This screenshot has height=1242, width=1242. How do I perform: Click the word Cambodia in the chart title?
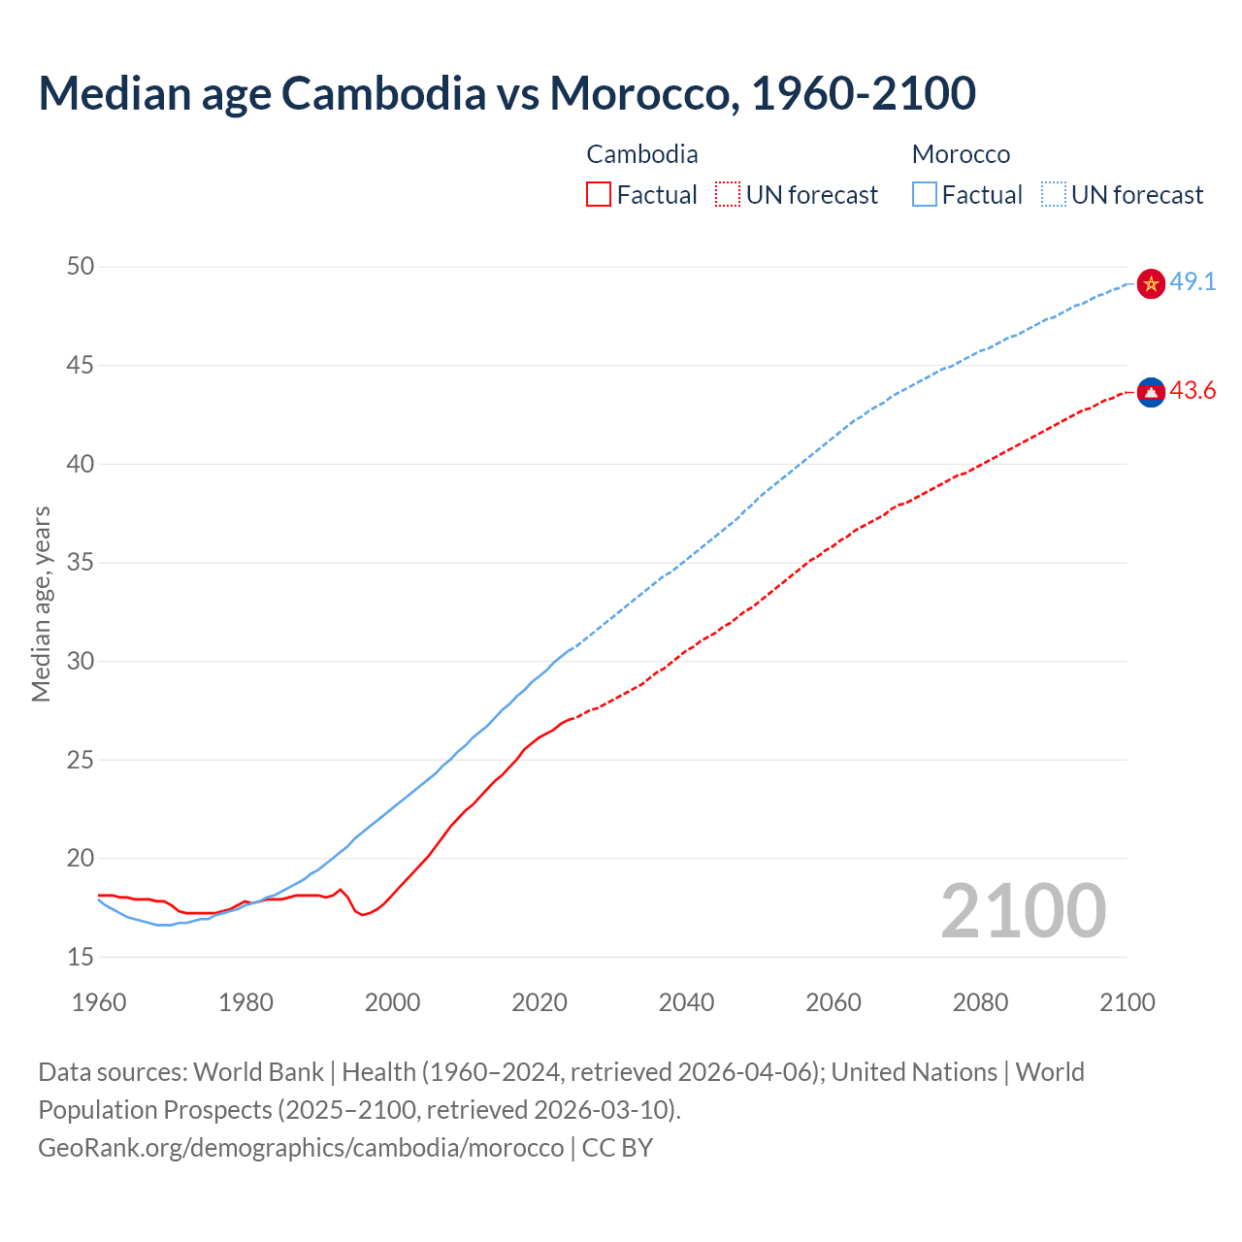(x=383, y=93)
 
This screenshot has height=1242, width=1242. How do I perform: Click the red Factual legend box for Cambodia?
(x=599, y=195)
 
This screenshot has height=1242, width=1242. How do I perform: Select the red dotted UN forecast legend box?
(x=728, y=195)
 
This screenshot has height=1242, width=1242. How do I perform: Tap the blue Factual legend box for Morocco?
(x=925, y=195)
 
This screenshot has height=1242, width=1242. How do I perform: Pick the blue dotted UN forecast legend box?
(x=1054, y=195)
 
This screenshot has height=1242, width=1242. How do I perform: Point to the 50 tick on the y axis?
(x=81, y=266)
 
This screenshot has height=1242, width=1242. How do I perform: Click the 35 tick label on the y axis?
(x=81, y=562)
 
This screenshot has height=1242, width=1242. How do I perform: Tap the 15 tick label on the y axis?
(x=81, y=957)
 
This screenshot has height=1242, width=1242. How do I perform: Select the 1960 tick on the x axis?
(x=99, y=1002)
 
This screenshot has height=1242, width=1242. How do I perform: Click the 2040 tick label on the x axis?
(x=686, y=1002)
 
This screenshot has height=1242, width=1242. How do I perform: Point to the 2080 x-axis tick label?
(x=980, y=1002)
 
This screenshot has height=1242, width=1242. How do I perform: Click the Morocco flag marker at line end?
(x=1151, y=283)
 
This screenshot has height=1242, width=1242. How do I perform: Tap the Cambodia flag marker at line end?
(x=1151, y=392)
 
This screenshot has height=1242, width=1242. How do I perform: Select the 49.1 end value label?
(x=1193, y=282)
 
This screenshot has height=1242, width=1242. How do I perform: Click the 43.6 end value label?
(x=1193, y=391)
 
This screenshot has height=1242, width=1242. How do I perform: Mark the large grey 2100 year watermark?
(x=1023, y=911)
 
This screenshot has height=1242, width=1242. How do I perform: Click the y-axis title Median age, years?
(x=41, y=604)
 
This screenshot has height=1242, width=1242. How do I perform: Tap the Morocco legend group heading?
(x=961, y=154)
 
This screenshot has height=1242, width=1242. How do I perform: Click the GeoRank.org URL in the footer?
(x=301, y=1148)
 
